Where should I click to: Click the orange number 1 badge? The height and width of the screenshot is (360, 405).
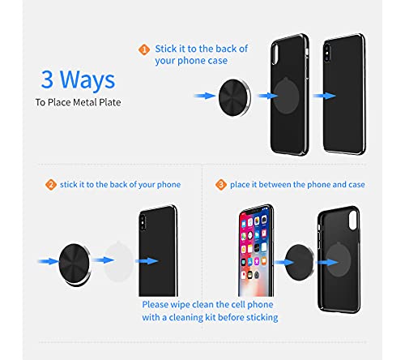tap(144, 49)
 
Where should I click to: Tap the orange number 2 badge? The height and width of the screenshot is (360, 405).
tap(51, 185)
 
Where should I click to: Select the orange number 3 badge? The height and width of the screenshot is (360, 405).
tap(221, 185)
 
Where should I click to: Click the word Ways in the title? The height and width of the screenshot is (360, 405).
tap(87, 79)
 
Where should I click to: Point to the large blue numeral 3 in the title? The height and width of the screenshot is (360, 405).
tap(47, 79)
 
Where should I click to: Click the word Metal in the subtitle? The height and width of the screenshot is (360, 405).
tap(85, 102)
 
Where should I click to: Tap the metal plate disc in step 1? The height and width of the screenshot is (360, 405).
tap(235, 97)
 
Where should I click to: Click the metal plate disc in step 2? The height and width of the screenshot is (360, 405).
tap(75, 264)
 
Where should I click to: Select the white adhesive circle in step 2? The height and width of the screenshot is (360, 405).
tap(119, 261)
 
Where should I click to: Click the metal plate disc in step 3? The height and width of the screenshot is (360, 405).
tap(300, 262)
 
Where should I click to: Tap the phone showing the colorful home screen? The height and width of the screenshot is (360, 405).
tap(256, 251)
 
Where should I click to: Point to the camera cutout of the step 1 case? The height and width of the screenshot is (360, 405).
tap(275, 54)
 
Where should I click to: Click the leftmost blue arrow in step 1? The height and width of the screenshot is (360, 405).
tap(205, 96)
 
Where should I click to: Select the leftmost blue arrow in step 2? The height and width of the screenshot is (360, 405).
tap(49, 261)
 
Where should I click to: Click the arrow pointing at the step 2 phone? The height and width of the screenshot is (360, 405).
tap(147, 261)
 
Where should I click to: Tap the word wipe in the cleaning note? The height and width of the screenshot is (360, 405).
tap(181, 305)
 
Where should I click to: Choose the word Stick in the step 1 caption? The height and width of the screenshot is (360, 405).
tap(166, 49)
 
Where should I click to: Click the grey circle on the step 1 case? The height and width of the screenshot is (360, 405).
tap(286, 96)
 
